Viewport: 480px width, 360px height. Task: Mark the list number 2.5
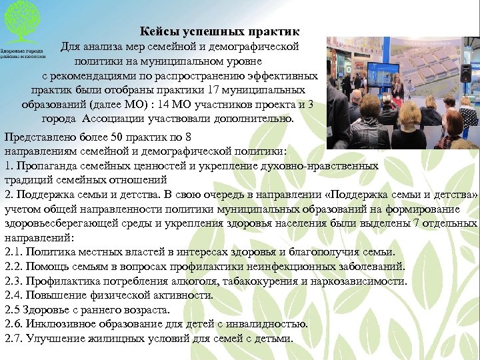13,309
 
